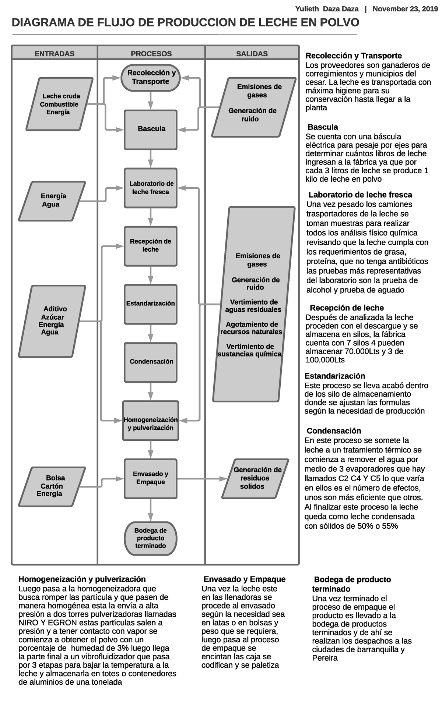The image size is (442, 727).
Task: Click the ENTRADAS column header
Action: pos(54,54)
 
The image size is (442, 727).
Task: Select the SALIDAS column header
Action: pos(252,54)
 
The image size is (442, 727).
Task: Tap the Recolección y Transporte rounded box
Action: pos(151,78)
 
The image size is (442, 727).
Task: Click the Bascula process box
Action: pos(151,129)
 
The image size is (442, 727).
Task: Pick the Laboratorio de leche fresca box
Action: pos(151,188)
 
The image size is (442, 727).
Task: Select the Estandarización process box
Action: pos(151,304)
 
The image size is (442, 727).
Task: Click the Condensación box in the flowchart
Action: pos(151,362)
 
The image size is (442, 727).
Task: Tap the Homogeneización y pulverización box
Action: pos(151,421)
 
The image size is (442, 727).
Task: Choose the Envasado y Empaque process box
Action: pos(151,478)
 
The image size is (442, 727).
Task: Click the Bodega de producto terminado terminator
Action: pos(151,538)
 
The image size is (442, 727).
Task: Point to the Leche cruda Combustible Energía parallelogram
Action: pos(59,104)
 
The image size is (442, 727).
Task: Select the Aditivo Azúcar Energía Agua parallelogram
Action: pos(52,321)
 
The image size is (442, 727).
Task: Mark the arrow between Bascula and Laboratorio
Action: pos(151,159)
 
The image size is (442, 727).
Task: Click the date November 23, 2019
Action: pos(403,9)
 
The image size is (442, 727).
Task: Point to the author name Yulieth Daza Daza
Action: pos(327,9)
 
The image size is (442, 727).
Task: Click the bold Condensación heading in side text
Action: pos(334,431)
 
